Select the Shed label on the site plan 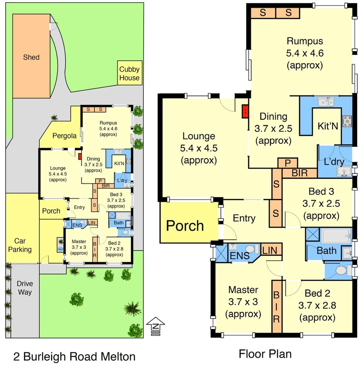click(x=31, y=57)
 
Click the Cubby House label click(x=129, y=73)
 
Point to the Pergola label click(x=64, y=136)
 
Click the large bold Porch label click(x=185, y=225)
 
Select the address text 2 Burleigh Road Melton click(x=74, y=356)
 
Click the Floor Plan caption click(x=265, y=354)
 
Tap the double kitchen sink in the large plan click(x=326, y=102)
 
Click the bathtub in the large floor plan click(x=336, y=235)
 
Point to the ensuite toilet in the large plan click(x=249, y=249)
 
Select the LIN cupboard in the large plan click(x=272, y=250)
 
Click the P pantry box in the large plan click(x=288, y=163)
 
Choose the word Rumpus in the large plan click(x=305, y=41)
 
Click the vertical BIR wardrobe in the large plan click(x=277, y=307)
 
